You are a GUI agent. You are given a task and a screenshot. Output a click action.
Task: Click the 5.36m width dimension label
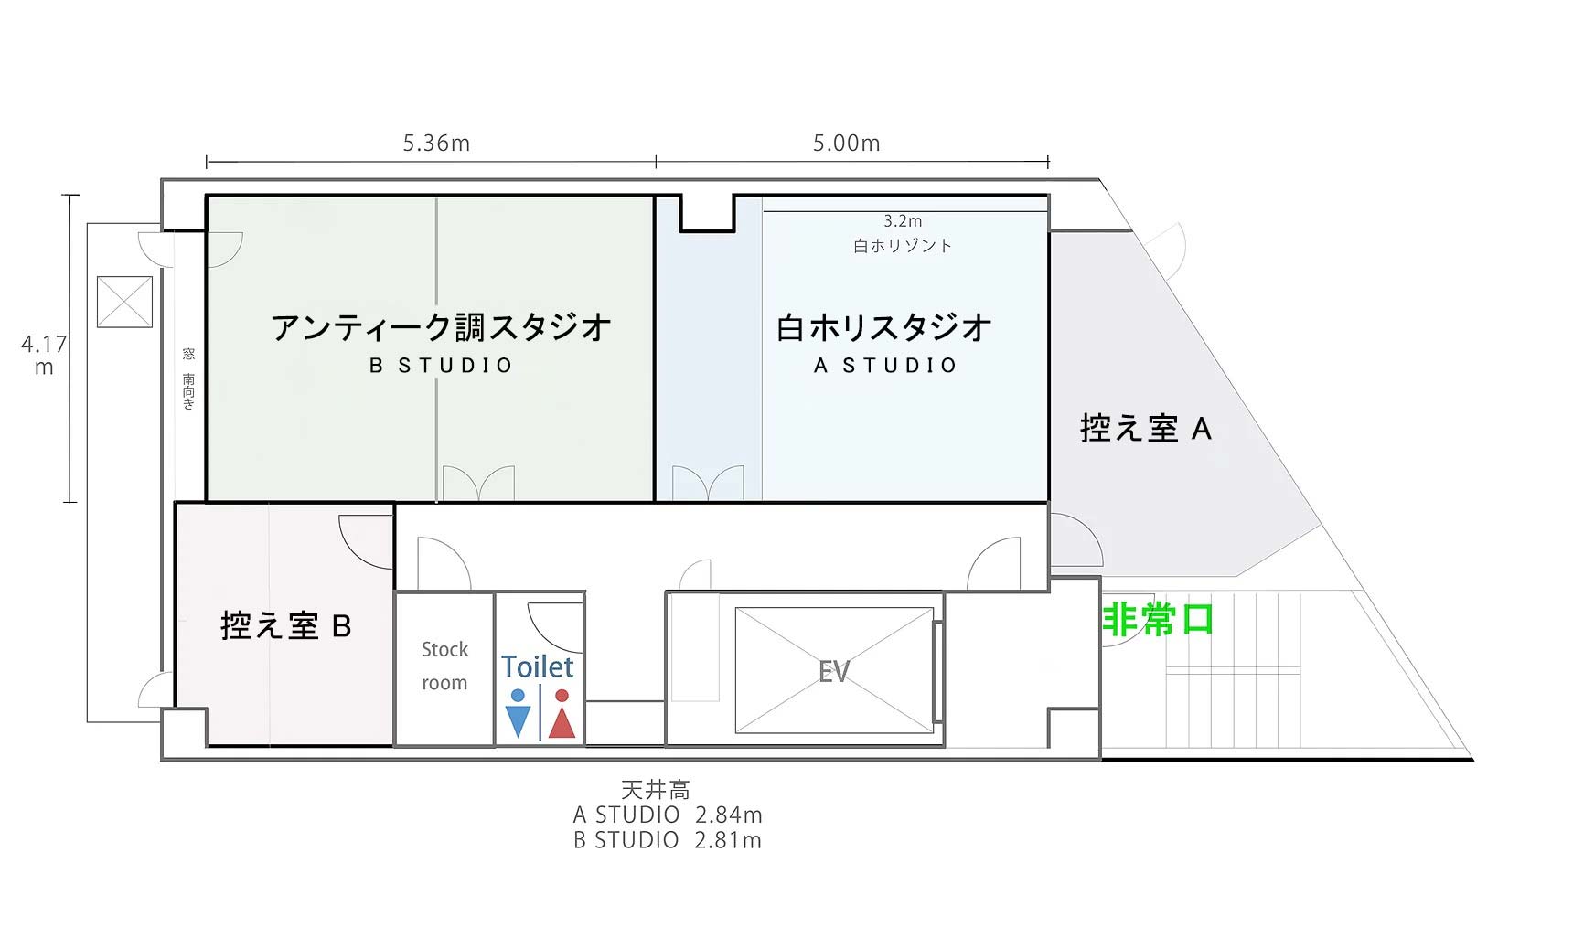[x=436, y=144]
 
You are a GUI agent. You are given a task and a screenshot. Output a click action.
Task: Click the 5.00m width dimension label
[x=847, y=144]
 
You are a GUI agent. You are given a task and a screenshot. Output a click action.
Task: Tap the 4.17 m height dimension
[x=44, y=356]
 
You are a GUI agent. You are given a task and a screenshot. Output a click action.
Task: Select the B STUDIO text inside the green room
[x=442, y=366]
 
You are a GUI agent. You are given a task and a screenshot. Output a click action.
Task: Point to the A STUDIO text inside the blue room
[x=885, y=366]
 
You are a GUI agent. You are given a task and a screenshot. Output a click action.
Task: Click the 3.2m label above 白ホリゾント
[x=903, y=221]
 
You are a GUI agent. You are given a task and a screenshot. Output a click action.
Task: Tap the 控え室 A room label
[x=1146, y=428]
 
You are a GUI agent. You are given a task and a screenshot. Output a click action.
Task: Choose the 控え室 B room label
[x=286, y=626]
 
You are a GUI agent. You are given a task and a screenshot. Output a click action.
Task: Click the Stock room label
[x=444, y=666]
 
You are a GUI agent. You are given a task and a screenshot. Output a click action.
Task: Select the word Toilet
[x=538, y=666]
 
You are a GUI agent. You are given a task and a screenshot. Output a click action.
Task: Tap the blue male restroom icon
[x=518, y=714]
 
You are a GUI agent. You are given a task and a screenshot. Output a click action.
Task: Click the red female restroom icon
[x=562, y=714]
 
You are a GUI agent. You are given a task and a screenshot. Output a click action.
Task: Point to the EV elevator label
[x=834, y=672]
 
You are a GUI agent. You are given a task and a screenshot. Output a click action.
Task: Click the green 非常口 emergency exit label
[x=1158, y=620]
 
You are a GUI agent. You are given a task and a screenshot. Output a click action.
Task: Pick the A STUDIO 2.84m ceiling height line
[x=668, y=815]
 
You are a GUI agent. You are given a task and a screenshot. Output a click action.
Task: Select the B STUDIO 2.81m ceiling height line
[x=668, y=840]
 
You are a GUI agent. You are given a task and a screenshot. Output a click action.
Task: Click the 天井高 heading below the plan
[x=656, y=789]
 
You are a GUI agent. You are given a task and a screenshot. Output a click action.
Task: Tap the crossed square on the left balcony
[x=124, y=301]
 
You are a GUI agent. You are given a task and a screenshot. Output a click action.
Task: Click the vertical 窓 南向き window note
[x=188, y=378]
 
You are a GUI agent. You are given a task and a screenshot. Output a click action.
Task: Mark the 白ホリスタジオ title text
[x=884, y=326]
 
